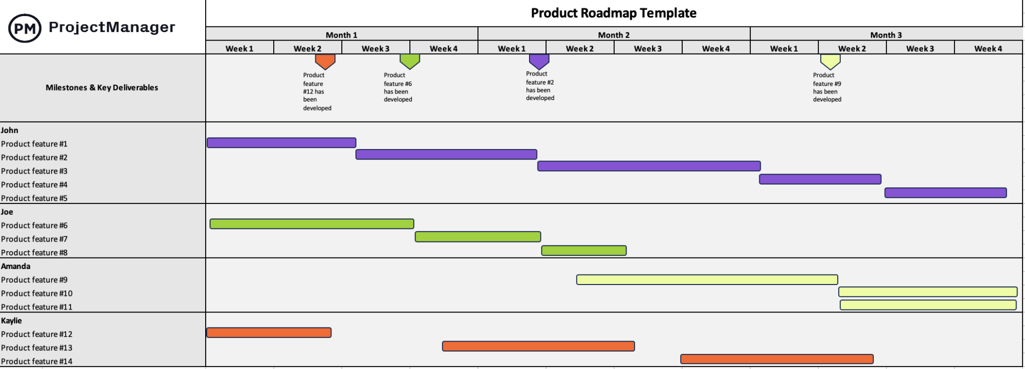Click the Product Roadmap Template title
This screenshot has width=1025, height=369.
[613, 13]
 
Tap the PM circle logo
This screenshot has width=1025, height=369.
[25, 28]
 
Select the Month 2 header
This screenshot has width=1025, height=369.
[614, 35]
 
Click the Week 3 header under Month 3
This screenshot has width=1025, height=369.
[920, 48]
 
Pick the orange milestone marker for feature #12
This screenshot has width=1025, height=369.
[325, 61]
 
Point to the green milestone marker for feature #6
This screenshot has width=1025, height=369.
[409, 61]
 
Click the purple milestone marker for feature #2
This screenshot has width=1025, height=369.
[539, 61]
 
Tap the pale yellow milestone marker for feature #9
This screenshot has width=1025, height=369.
[830, 61]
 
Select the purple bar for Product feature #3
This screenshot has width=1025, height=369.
[649, 166]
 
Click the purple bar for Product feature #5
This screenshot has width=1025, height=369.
[945, 193]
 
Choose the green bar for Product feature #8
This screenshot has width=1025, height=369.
[584, 250]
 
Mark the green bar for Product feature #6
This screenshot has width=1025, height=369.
[311, 224]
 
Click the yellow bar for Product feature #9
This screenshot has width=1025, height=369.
[707, 279]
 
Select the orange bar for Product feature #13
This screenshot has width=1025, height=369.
[538, 346]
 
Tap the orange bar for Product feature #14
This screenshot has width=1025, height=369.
[776, 359]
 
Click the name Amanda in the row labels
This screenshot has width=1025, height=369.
[16, 266]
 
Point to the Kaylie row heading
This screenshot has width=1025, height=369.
[12, 321]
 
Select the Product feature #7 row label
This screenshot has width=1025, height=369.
[34, 239]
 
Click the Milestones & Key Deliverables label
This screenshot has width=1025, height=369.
[102, 87]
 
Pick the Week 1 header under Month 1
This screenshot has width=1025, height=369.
[239, 48]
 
